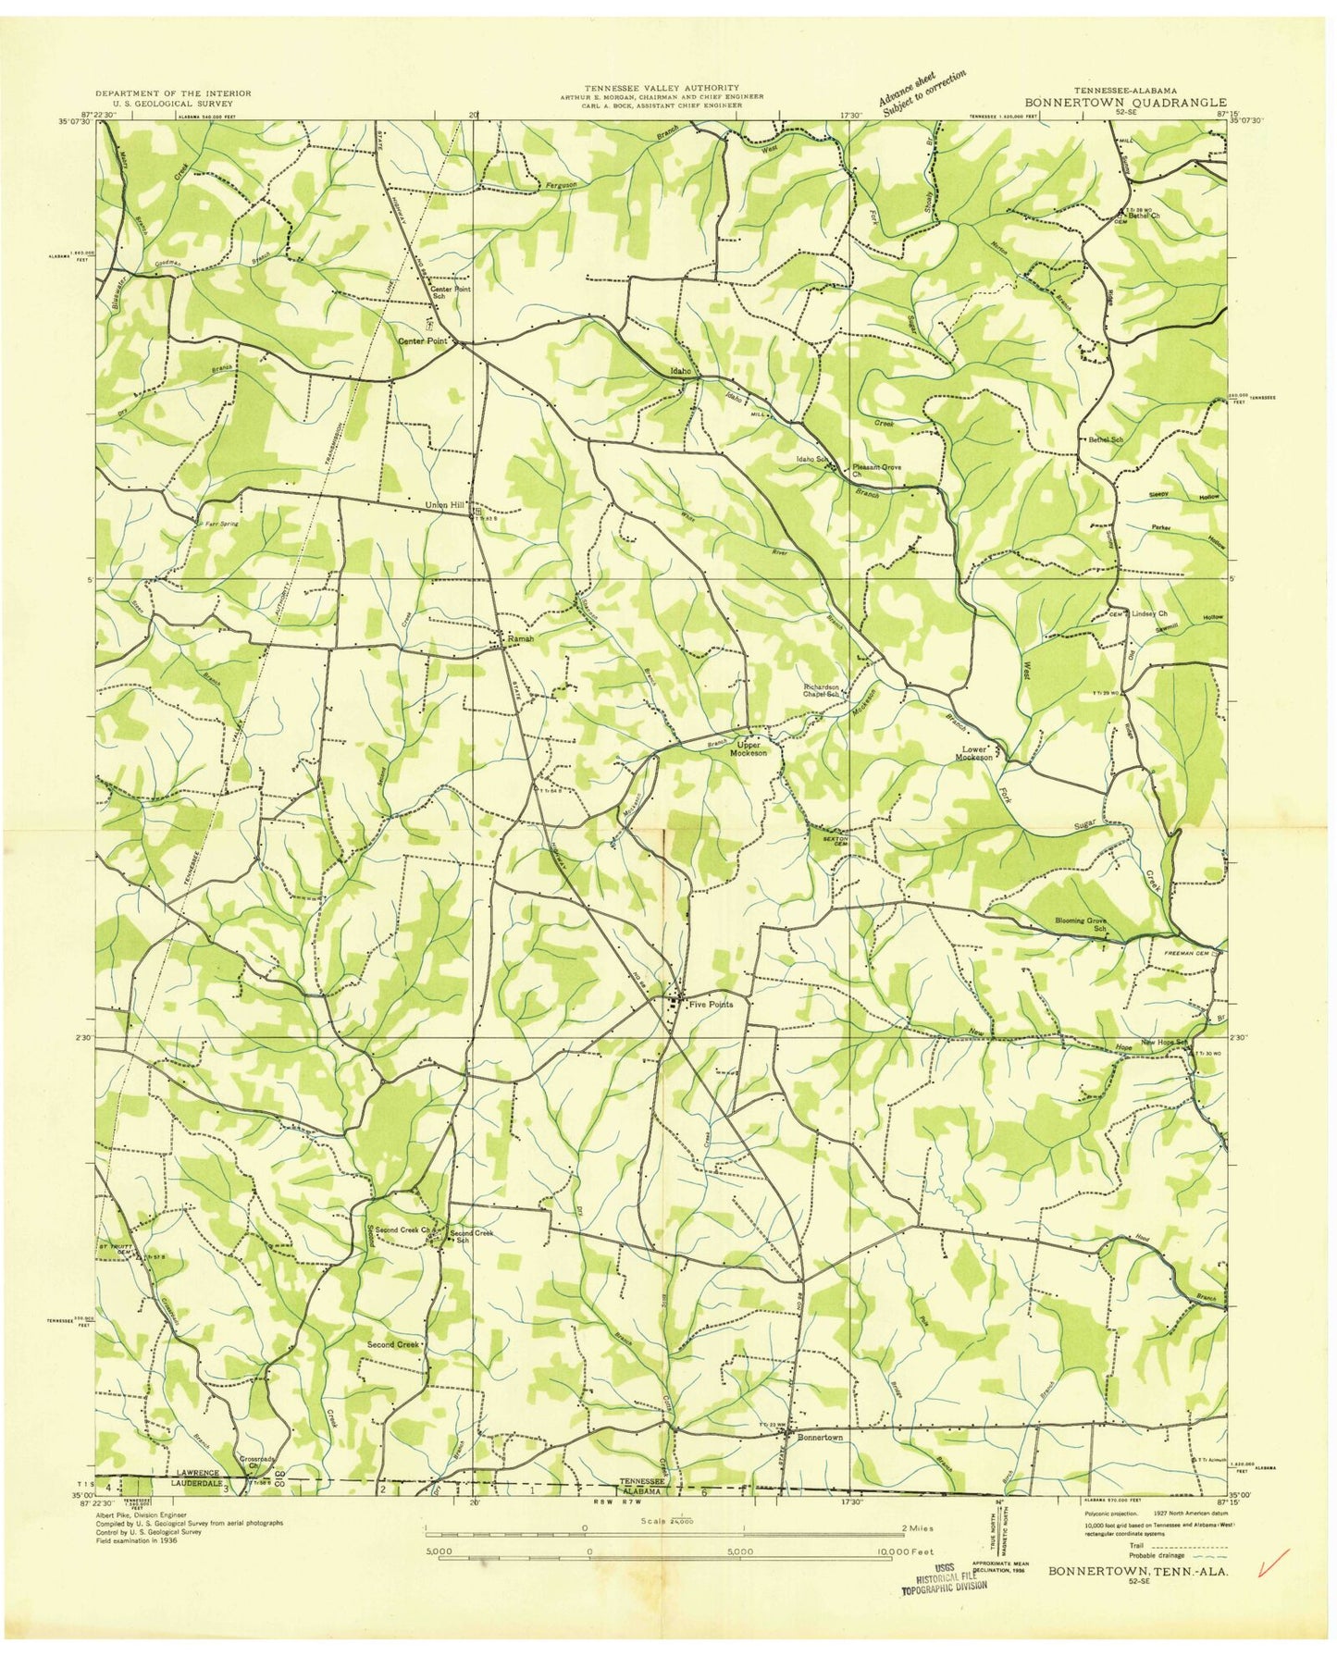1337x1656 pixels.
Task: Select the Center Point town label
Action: pyautogui.click(x=423, y=340)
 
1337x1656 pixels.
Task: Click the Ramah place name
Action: pyautogui.click(x=519, y=638)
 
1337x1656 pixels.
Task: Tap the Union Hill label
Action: pyautogui.click(x=443, y=505)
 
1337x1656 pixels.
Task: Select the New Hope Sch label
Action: pyautogui.click(x=1164, y=1043)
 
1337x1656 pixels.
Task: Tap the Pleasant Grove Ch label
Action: pyautogui.click(x=874, y=470)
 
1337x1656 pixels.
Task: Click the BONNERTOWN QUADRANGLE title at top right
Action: pyautogui.click(x=1125, y=103)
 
